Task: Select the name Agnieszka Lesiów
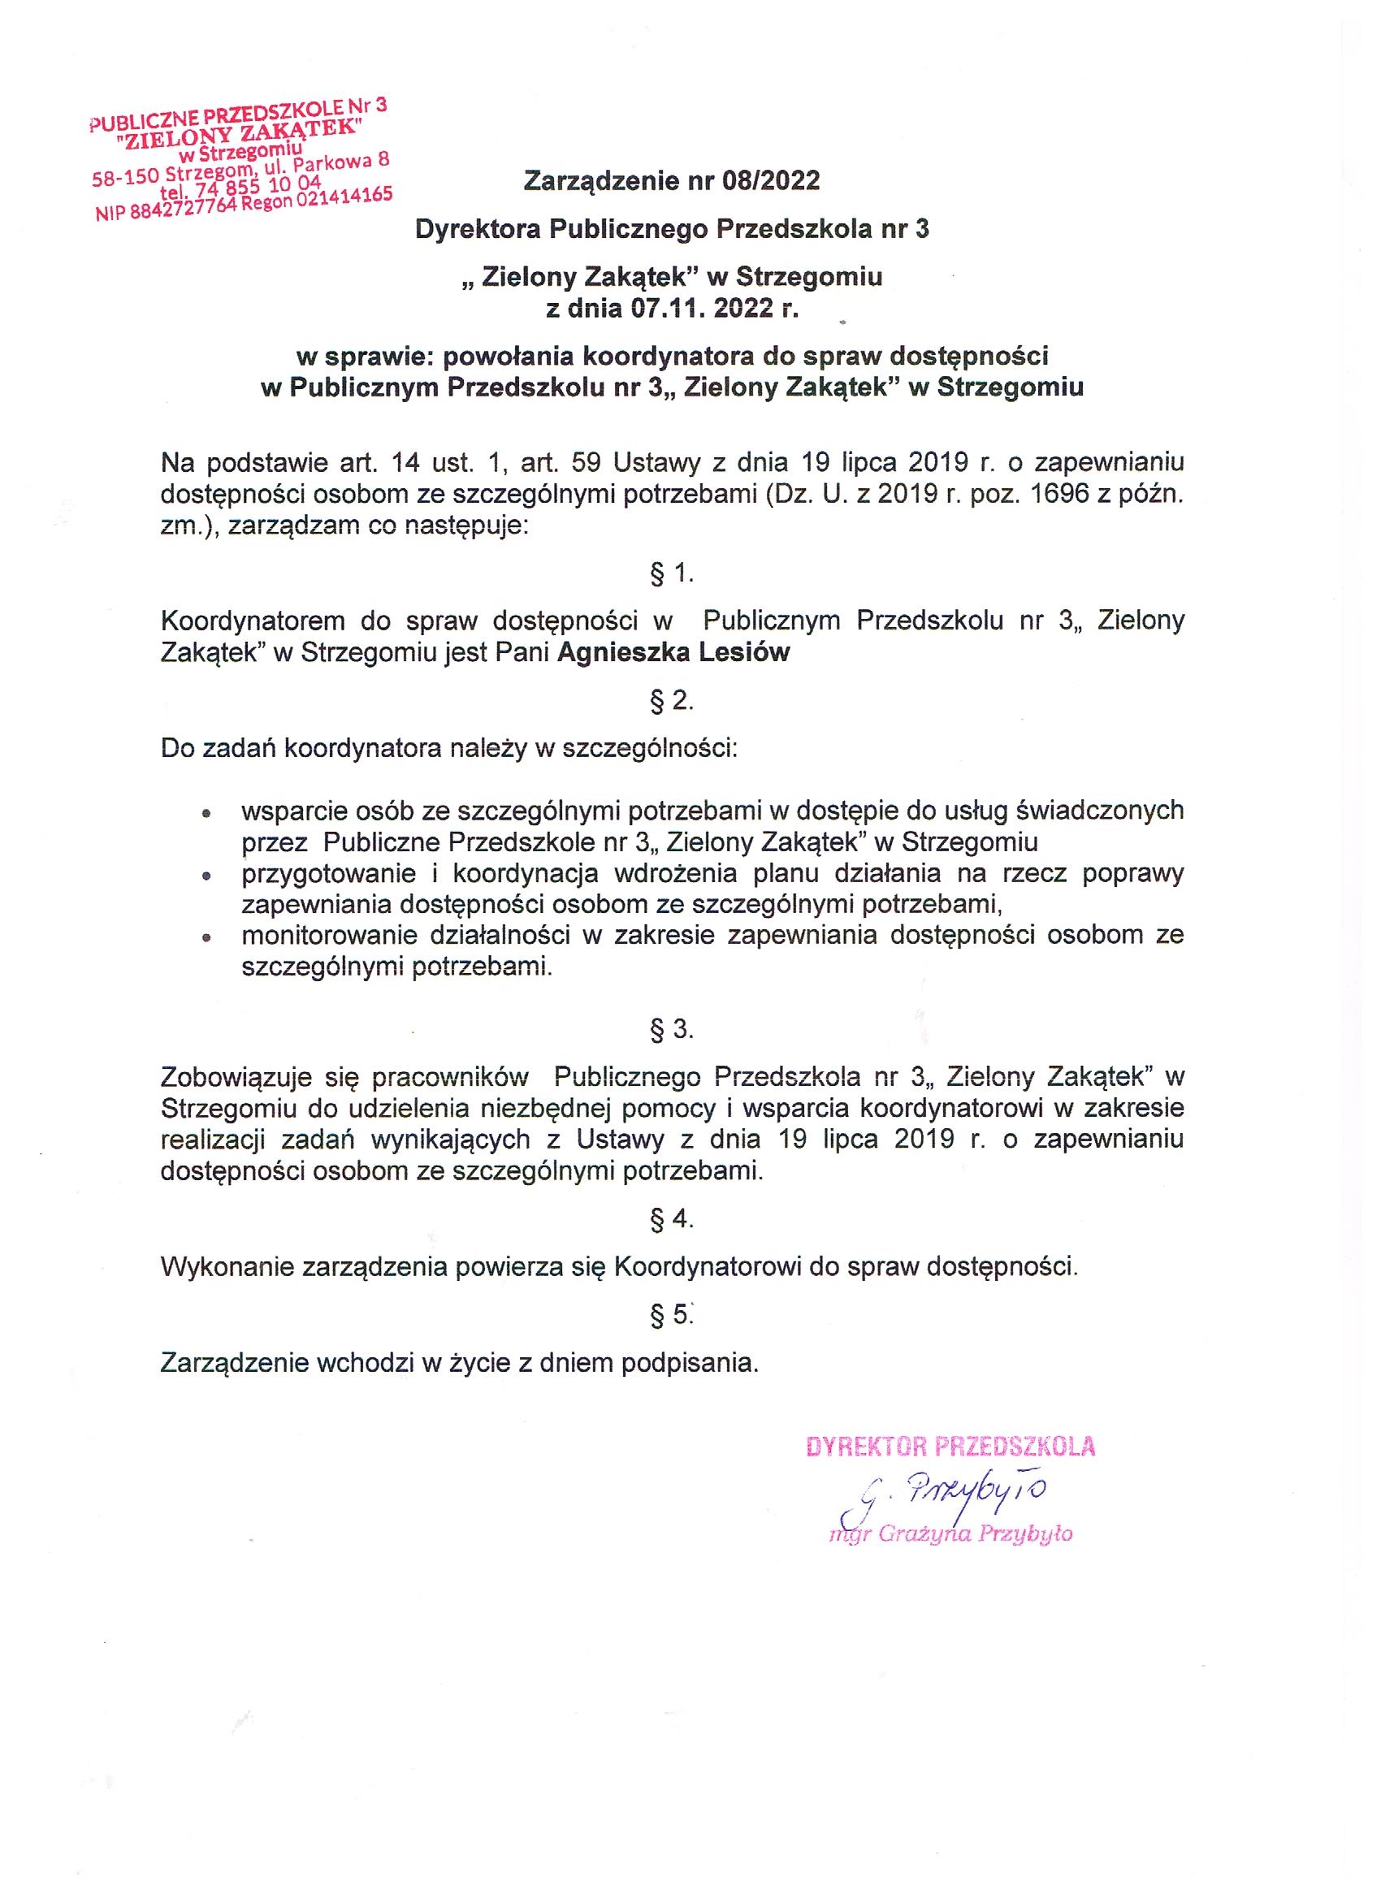click(673, 652)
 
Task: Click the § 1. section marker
click(672, 573)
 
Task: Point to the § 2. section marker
click(672, 700)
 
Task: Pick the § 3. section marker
click(672, 1030)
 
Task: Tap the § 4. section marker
click(672, 1218)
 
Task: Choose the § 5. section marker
click(672, 1315)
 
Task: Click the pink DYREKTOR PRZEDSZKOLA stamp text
click(950, 1446)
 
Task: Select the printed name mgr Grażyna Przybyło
click(950, 1534)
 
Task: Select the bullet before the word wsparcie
click(206, 813)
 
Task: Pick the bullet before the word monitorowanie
click(206, 939)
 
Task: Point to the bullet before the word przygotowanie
click(206, 876)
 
